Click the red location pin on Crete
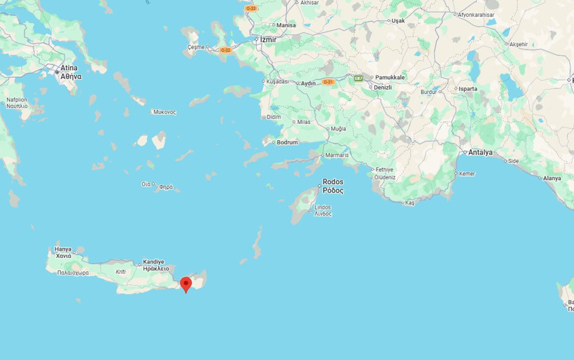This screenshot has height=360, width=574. [185, 284]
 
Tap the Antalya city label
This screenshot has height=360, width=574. [481, 152]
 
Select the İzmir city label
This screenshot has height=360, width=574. [268, 40]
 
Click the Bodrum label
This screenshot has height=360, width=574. [288, 142]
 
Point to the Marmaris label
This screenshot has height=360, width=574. [337, 155]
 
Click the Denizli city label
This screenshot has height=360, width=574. [383, 87]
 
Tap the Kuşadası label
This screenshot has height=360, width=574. [276, 81]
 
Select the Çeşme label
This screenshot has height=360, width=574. [196, 47]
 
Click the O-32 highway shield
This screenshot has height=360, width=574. [225, 50]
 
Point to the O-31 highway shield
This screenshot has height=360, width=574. [328, 82]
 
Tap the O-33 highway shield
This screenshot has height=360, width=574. [251, 8]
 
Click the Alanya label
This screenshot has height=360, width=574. [552, 178]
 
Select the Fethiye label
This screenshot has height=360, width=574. [384, 169]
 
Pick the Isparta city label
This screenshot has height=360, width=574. [468, 89]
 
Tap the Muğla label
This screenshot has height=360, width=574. [339, 129]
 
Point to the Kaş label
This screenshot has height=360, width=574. [410, 202]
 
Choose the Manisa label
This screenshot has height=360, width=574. [286, 25]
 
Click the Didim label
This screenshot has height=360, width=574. [274, 117]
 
